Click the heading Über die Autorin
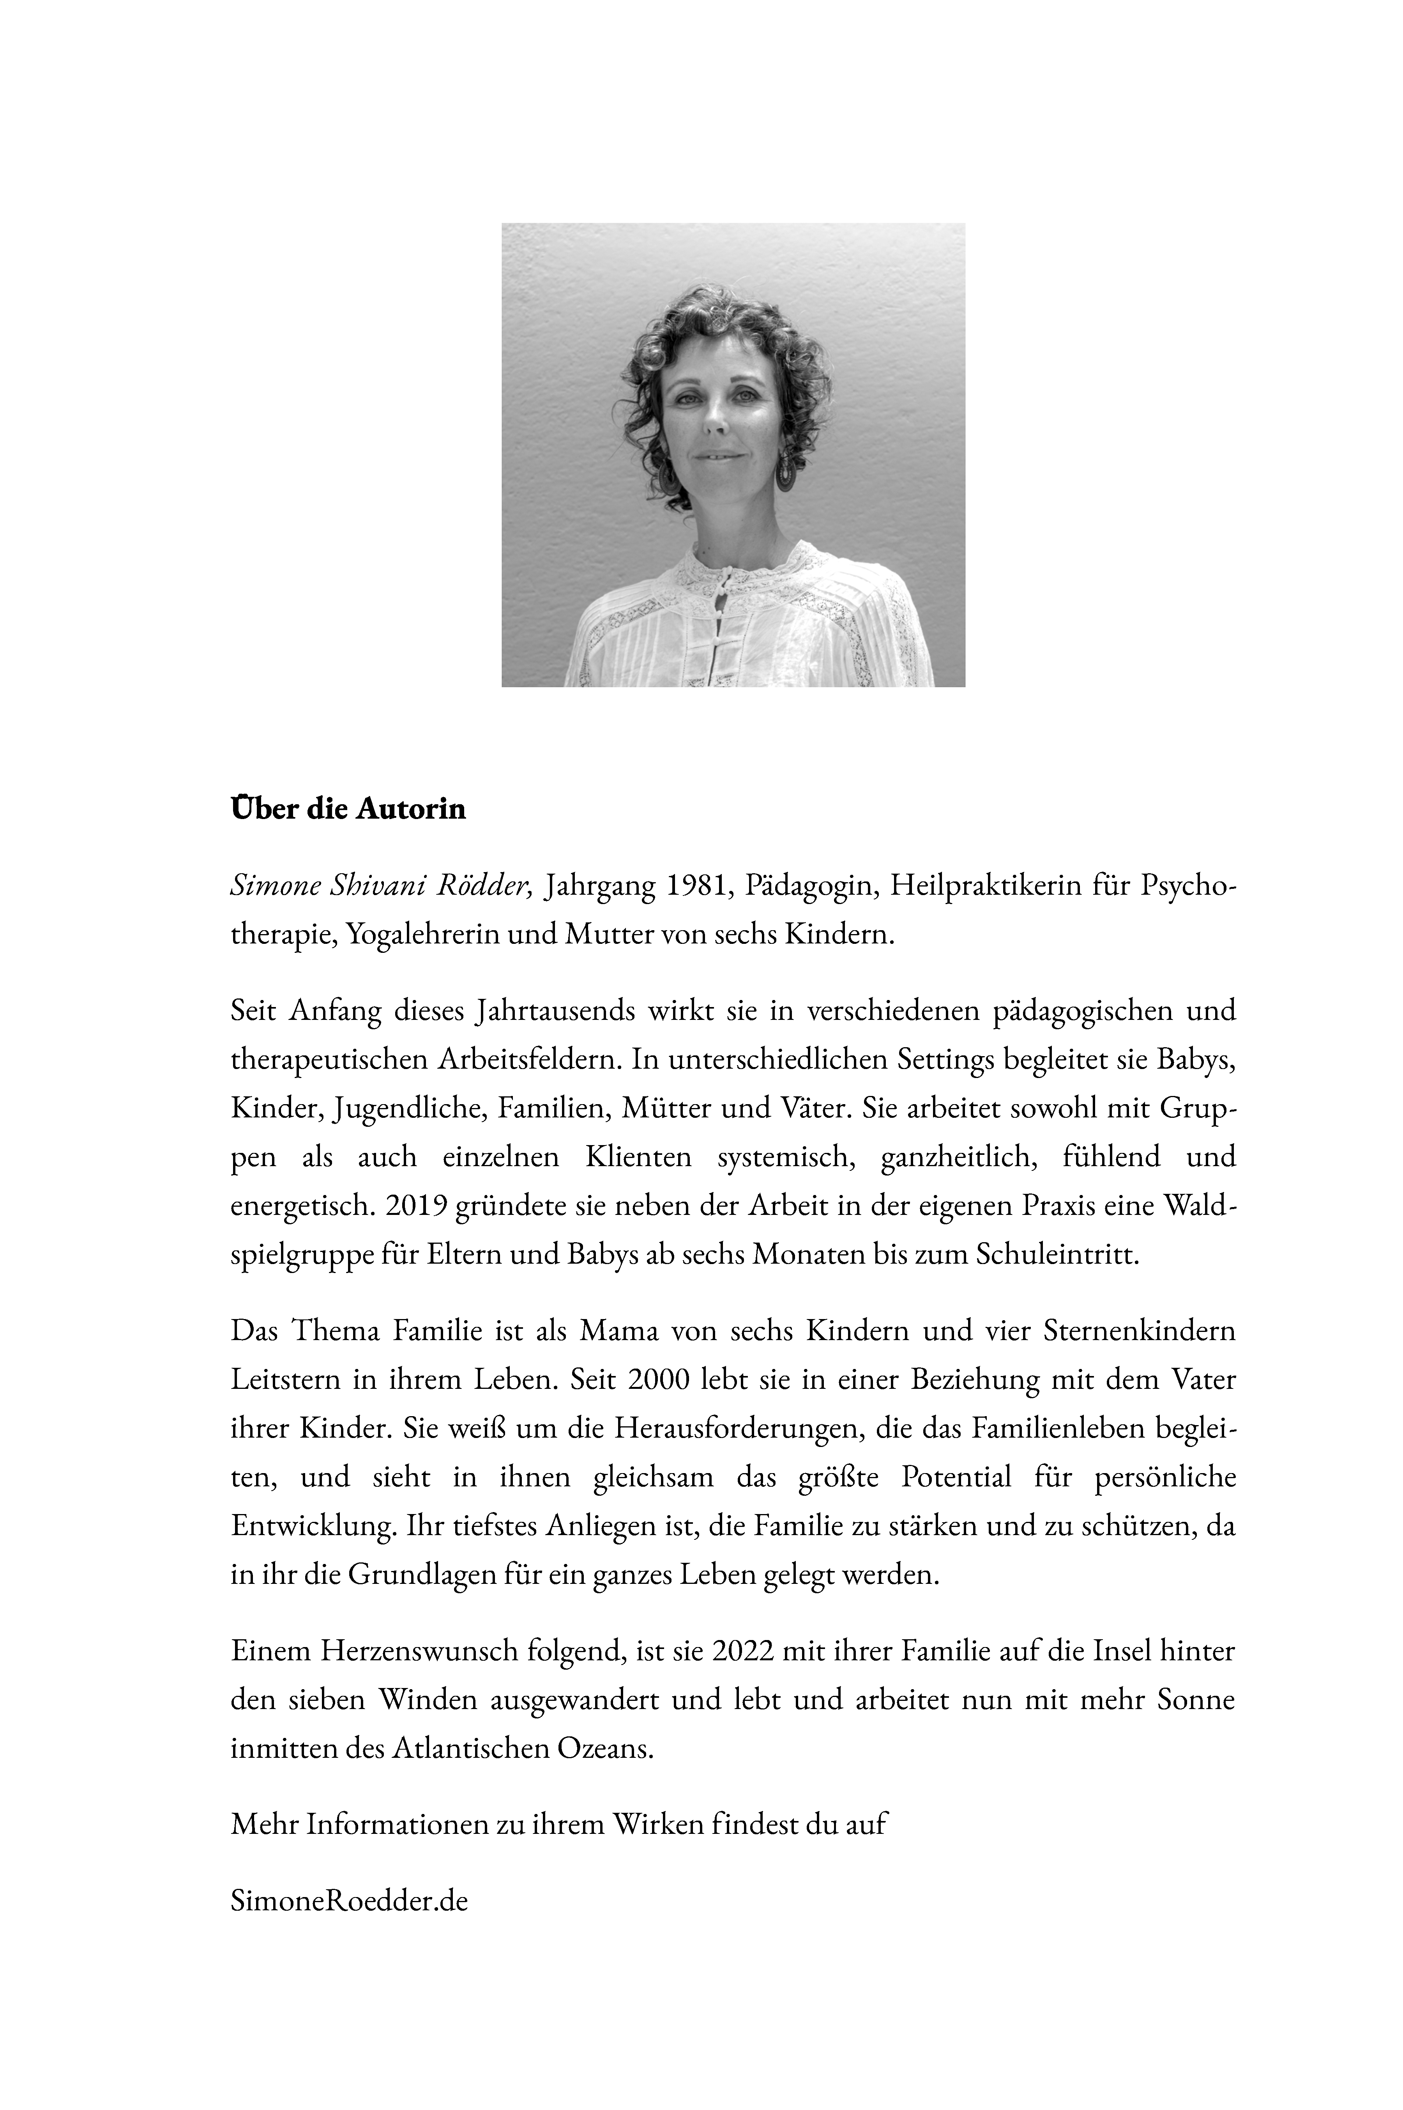pos(348,809)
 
